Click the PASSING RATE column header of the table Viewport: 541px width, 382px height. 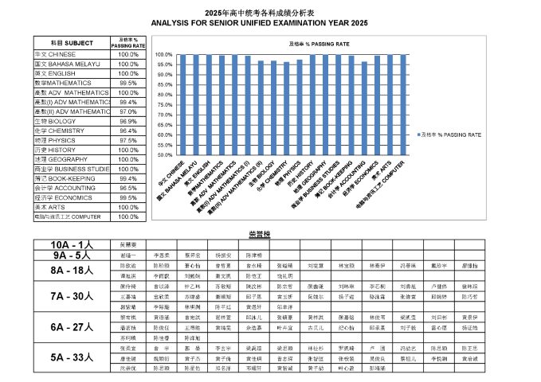(x=127, y=42)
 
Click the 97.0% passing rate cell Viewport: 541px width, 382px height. (x=127, y=111)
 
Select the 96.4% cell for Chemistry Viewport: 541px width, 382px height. (x=127, y=131)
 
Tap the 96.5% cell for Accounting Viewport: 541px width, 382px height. (x=127, y=188)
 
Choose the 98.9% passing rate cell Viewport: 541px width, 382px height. (x=127, y=121)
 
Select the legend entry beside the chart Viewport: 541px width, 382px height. (x=449, y=136)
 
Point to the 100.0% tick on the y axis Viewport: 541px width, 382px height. (x=163, y=55)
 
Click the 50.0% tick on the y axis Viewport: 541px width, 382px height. (x=163, y=154)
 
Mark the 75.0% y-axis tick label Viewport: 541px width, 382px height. (x=163, y=104)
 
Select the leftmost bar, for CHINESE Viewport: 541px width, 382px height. (x=183, y=104)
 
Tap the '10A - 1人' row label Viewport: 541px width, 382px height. (x=71, y=244)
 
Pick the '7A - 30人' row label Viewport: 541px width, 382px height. (x=71, y=295)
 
